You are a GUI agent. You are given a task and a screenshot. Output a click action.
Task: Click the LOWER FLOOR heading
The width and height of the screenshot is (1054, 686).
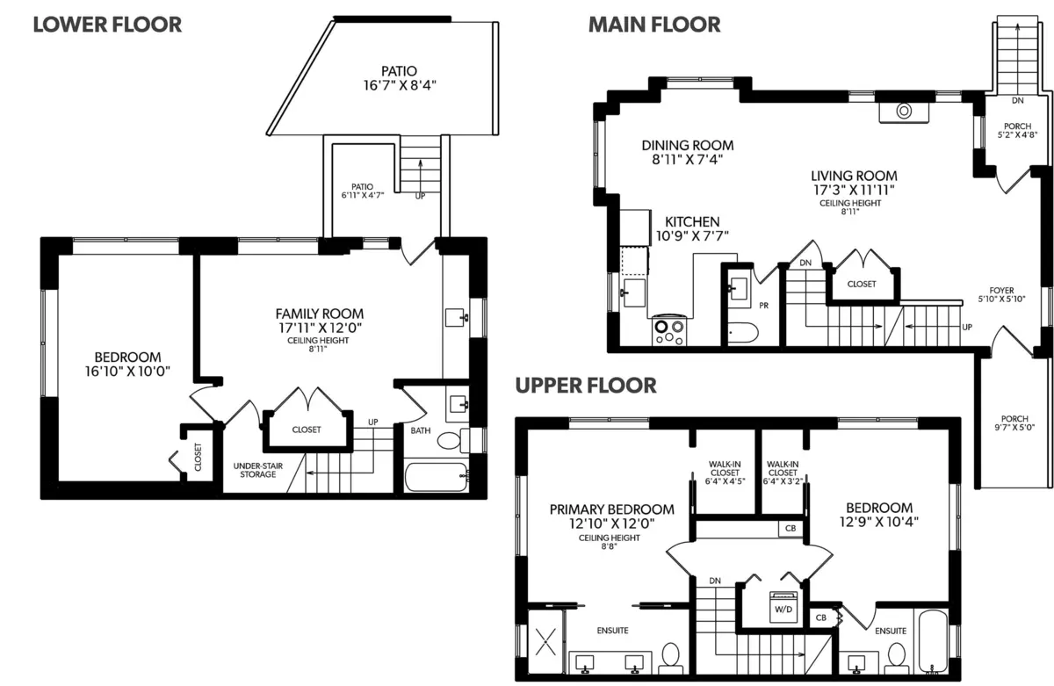pos(107,25)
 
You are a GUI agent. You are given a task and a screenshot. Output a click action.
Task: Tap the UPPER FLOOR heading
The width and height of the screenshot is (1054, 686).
pos(586,386)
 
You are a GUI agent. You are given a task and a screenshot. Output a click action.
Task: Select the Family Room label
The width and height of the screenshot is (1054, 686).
pos(320,314)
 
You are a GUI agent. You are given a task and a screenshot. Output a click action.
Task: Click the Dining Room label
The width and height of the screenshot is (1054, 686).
pos(688,146)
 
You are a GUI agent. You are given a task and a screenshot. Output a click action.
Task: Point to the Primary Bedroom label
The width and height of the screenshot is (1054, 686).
pos(611,509)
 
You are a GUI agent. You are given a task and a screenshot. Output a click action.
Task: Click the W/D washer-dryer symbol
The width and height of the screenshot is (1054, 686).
pos(783,607)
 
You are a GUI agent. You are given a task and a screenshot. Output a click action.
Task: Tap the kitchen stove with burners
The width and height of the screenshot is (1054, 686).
pos(669,331)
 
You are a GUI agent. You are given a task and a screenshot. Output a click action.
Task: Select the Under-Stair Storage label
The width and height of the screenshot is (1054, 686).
pos(258,470)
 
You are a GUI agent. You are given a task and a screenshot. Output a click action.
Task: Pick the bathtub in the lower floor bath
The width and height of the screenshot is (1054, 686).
pos(437,477)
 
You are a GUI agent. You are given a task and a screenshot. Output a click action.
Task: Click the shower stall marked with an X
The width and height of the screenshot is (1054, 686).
pos(545,641)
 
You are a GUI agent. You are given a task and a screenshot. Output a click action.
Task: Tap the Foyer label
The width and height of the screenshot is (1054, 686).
pos(1001,291)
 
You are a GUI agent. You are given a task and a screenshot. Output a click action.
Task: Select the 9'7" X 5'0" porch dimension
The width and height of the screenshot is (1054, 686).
pos(1014,428)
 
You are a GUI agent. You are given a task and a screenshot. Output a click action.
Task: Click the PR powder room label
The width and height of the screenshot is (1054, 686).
pos(763,306)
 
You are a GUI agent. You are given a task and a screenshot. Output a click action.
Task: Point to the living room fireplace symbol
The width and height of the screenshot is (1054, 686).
pos(904,112)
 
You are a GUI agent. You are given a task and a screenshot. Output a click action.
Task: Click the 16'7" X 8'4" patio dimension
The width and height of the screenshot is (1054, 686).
pos(400,85)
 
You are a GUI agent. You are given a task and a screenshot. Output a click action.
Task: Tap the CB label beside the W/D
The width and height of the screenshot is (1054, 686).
pos(820,617)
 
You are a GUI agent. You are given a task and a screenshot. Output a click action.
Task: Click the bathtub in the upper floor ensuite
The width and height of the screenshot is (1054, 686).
pos(933,641)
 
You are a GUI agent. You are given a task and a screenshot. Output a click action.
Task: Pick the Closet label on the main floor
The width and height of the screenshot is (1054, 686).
pos(862,285)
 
